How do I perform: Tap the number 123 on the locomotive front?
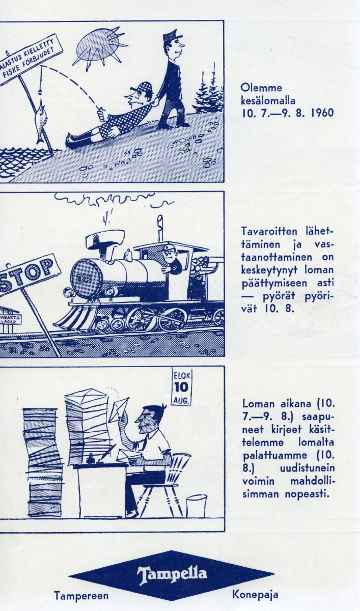[86, 279]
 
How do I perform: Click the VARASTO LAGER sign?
[10, 319]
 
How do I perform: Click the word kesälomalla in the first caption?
[268, 100]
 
